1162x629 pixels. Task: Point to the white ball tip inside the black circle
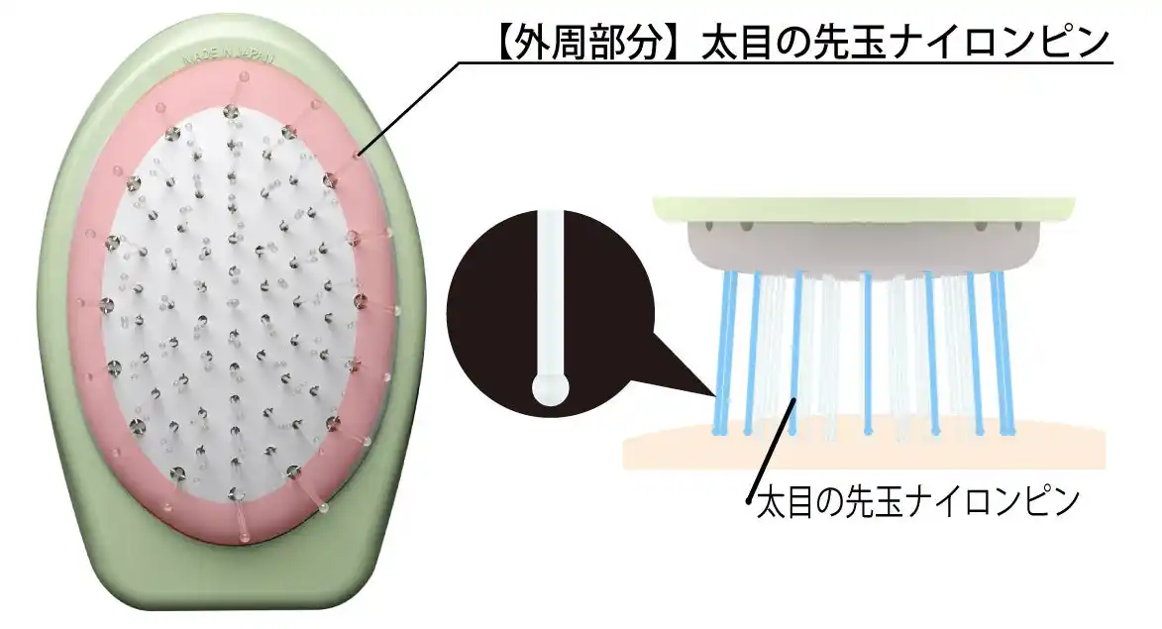549,388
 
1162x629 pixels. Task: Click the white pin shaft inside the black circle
549,287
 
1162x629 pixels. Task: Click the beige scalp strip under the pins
862,451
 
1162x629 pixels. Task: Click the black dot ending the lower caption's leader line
750,502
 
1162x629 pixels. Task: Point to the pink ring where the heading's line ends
360,155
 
